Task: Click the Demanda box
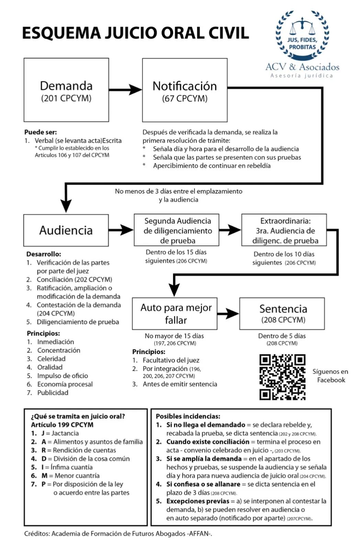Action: point(66,90)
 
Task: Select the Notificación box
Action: point(185,90)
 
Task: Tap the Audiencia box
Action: point(66,230)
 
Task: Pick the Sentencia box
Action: point(282,313)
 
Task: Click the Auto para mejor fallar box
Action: point(175,313)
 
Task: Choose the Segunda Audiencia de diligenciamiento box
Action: point(177,230)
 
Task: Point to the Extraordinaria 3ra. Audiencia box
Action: point(284,230)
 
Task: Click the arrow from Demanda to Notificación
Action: point(125,90)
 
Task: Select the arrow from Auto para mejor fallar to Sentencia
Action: point(228,313)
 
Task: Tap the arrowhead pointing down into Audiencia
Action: point(66,206)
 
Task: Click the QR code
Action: point(282,377)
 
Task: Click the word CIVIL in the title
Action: point(229,33)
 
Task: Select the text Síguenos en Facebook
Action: point(330,376)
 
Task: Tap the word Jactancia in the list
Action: point(65,440)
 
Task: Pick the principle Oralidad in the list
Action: point(50,367)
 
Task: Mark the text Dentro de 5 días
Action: point(282,335)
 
